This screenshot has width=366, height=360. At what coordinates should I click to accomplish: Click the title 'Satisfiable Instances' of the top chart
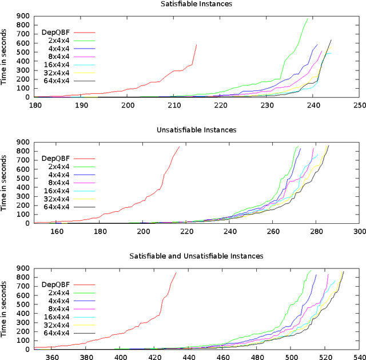[197, 4]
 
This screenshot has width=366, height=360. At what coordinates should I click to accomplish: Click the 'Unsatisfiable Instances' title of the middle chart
[197, 130]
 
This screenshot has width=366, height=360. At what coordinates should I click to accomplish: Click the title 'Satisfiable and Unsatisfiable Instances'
[197, 256]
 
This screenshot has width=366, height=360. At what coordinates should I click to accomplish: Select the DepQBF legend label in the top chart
[55, 33]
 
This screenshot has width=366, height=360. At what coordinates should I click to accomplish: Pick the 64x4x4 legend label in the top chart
[55, 81]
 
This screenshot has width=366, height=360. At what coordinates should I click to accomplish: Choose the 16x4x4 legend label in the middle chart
[55, 191]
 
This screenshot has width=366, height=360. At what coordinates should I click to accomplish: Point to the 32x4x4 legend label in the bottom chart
[55, 325]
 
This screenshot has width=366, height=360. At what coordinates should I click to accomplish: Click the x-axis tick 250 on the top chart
[359, 105]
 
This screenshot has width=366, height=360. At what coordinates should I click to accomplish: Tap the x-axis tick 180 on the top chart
[35, 105]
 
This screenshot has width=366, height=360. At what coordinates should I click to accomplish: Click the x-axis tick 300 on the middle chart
[359, 231]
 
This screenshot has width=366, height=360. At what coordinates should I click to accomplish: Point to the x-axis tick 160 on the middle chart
[57, 231]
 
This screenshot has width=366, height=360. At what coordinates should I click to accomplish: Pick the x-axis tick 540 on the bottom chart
[359, 357]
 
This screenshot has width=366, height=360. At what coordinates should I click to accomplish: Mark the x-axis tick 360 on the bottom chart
[51, 357]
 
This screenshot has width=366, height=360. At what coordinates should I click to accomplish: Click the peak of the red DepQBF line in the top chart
[196, 45]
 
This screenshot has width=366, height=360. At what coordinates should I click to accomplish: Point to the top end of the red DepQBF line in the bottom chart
[176, 272]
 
